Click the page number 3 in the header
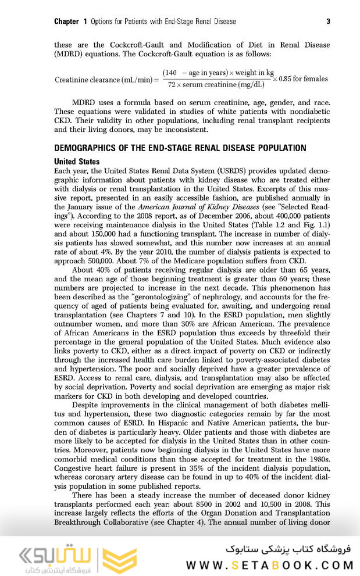click(x=328, y=22)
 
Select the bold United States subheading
click(x=77, y=161)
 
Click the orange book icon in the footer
click(x=120, y=556)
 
